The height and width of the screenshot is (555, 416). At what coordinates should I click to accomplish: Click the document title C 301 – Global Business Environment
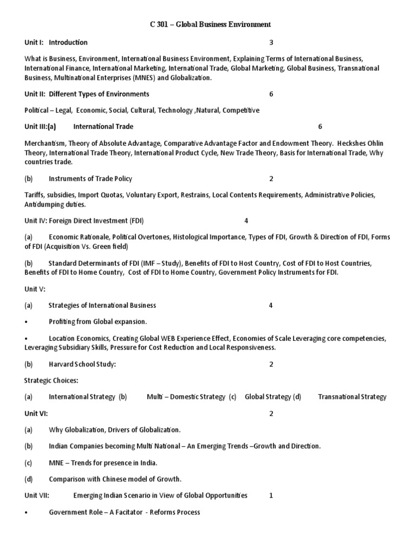coord(209,24)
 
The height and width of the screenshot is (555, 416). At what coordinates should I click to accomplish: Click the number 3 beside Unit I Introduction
coord(271,42)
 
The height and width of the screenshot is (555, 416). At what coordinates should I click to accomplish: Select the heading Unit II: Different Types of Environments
coord(87,94)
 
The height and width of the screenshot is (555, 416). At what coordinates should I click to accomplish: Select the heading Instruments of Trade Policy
coord(90,178)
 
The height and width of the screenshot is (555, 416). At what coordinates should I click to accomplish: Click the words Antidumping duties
coord(55,204)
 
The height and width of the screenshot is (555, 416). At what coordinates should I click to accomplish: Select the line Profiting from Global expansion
coord(98,321)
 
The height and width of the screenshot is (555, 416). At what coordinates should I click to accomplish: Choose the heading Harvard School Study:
coord(82,364)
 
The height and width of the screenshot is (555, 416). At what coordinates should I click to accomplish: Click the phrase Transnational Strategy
coord(352,397)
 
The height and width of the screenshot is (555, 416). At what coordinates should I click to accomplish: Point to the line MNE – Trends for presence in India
coord(103,463)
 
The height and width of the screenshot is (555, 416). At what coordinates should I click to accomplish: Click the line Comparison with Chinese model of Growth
coord(115,479)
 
